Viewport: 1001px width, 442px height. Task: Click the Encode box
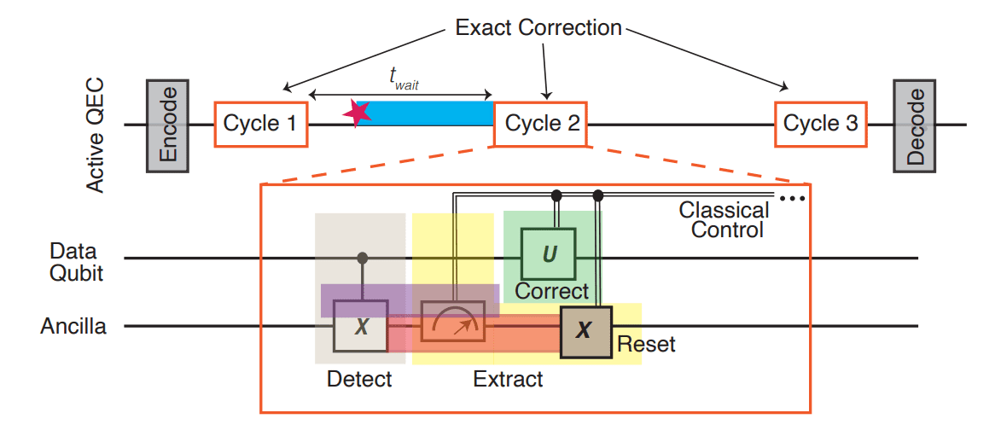167,125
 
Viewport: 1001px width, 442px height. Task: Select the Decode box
914,125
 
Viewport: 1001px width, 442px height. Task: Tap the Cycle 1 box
259,125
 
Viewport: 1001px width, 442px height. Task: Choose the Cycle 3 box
820,125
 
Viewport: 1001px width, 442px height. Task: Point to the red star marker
357,112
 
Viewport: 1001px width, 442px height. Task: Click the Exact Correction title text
538,28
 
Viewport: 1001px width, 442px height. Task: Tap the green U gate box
548,254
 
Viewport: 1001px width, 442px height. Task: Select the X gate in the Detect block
361,325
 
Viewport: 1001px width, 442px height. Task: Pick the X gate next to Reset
585,331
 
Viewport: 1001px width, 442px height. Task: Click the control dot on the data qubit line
362,258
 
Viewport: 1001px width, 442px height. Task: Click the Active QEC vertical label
96,137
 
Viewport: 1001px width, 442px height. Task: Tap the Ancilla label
73,326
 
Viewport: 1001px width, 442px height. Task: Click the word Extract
508,379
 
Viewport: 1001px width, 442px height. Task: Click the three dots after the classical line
793,200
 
